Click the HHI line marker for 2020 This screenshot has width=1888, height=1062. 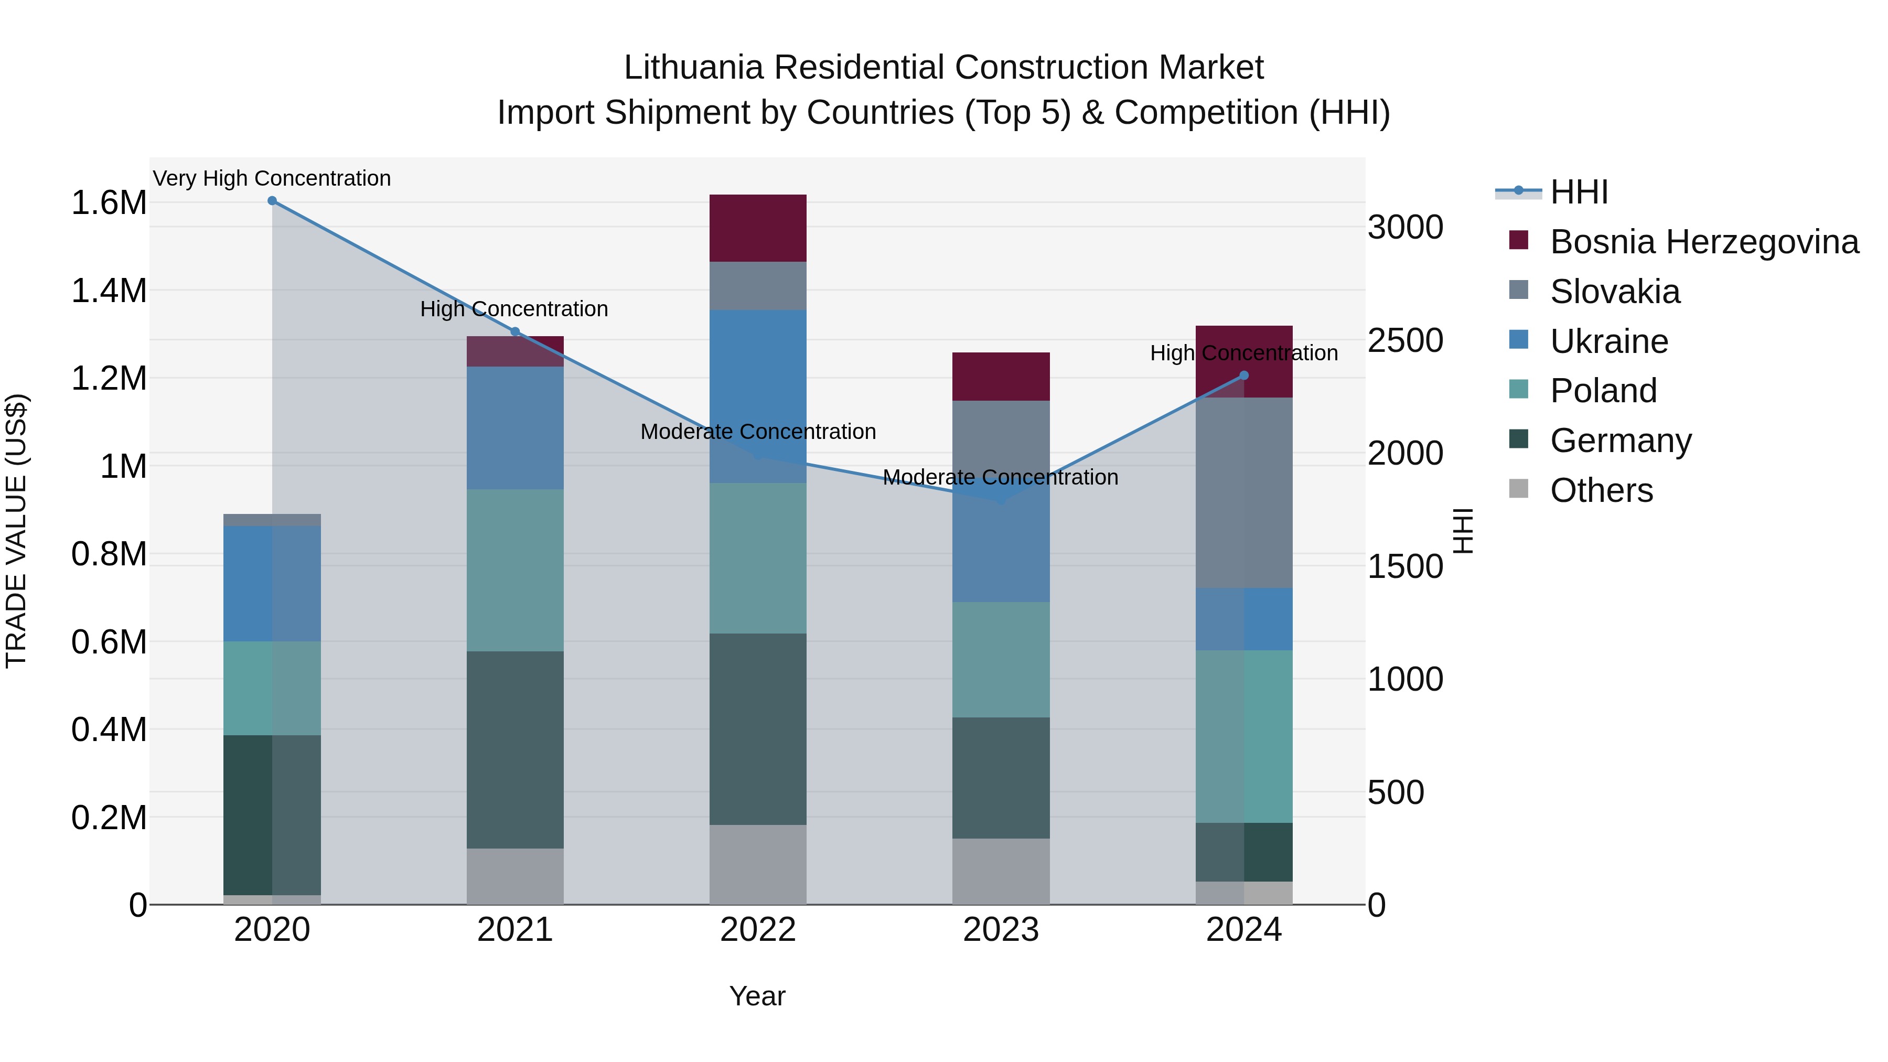coord(272,201)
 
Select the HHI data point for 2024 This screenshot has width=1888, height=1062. coord(1244,376)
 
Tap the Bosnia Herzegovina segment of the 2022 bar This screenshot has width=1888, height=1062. coord(758,228)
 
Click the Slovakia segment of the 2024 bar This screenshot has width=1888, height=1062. coord(1244,492)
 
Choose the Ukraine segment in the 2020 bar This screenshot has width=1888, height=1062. coord(272,583)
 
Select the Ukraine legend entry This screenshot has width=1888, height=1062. coord(1609,341)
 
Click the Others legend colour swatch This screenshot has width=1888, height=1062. coord(1519,489)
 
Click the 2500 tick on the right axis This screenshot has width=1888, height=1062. coord(1405,341)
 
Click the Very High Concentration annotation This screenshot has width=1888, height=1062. coord(272,179)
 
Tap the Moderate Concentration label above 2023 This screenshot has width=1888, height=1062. coord(1001,478)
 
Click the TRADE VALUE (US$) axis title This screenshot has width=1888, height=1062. coord(16,531)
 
